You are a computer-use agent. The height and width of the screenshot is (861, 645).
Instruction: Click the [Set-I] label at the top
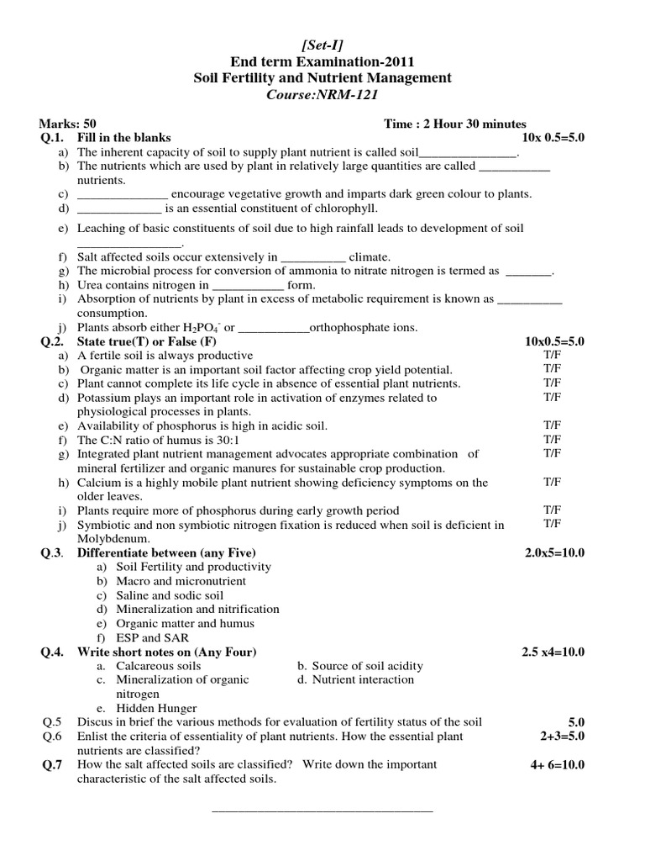(x=322, y=45)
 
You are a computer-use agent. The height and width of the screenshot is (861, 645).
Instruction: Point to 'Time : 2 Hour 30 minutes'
(x=455, y=124)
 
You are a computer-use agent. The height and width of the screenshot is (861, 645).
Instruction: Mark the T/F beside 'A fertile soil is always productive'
(x=552, y=355)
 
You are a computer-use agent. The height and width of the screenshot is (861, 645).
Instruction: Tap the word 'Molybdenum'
(x=113, y=538)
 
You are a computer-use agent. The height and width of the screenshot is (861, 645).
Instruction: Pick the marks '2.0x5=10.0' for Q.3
(x=554, y=552)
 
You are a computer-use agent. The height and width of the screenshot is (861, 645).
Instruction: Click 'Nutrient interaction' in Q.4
(x=363, y=679)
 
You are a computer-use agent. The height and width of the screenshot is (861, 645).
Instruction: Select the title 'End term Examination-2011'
(x=322, y=61)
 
